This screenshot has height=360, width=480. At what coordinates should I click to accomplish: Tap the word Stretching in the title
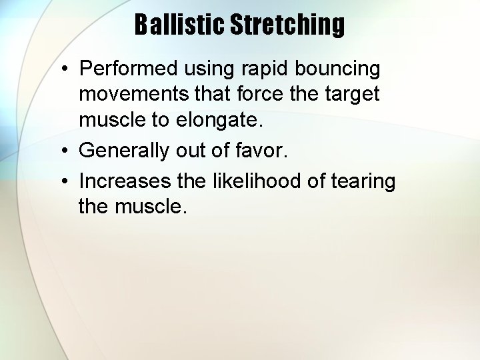(287, 25)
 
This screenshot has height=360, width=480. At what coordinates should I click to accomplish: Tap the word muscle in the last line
(151, 207)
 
